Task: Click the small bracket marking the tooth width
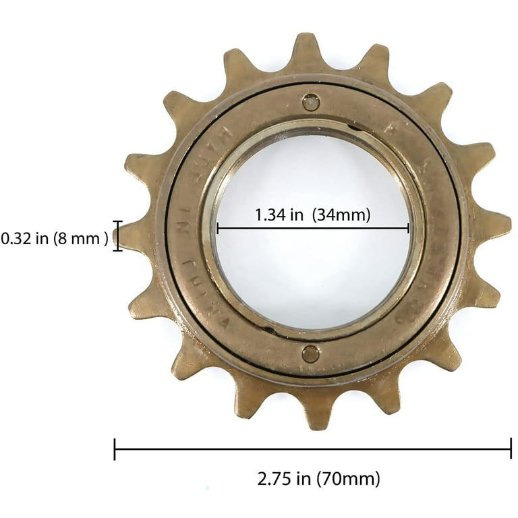pos(119,236)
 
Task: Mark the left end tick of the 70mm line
pos(115,449)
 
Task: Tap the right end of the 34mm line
pos(409,229)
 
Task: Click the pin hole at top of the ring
pos(310,102)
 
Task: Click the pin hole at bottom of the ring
pos(310,353)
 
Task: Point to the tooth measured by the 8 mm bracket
pos(135,236)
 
